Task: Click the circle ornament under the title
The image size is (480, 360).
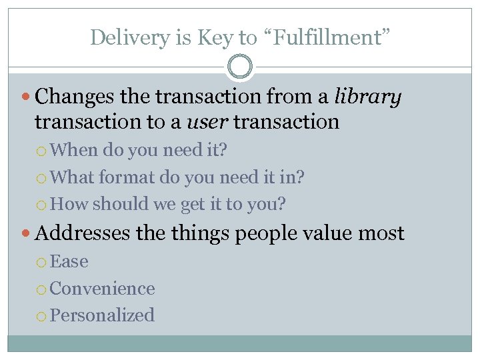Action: pos(240,67)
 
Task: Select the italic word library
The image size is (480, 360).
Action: pos(369,97)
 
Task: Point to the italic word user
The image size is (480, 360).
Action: pos(201,122)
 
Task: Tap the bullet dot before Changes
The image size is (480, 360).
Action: pos(27,98)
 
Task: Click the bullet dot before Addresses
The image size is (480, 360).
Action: pos(27,233)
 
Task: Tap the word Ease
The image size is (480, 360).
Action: pos(69,261)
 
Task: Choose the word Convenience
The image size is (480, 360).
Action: pos(102,288)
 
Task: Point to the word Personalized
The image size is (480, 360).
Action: pos(102,315)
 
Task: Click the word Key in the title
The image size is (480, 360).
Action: pos(214,38)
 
